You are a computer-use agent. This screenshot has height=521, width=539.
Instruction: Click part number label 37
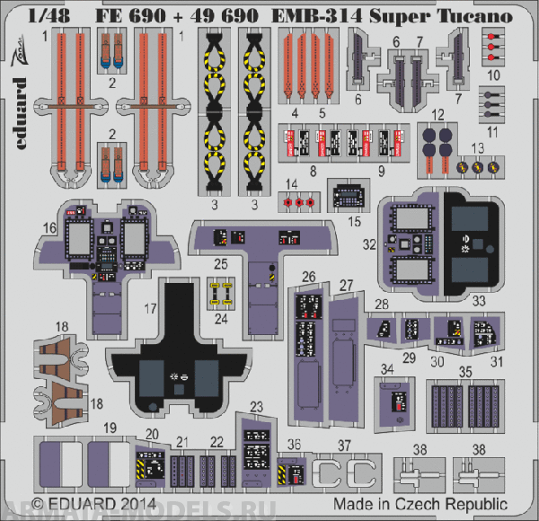click(x=344, y=446)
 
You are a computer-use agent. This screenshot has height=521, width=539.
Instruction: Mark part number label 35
click(x=464, y=371)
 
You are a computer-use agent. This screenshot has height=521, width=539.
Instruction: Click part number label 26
click(x=309, y=276)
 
